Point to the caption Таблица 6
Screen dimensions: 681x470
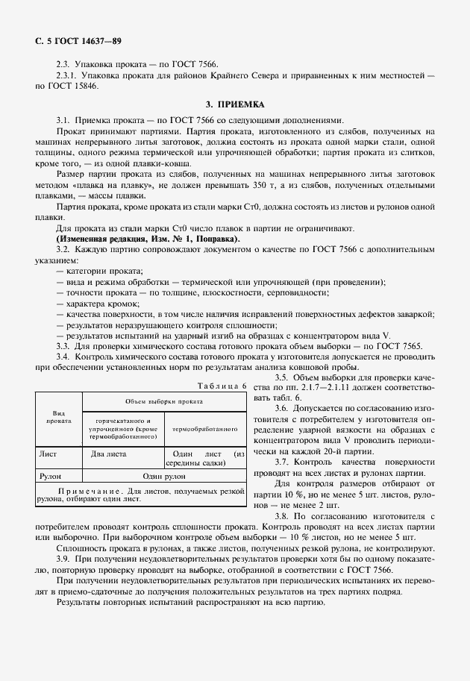point(222,386)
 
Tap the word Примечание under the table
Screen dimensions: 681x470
point(83,492)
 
